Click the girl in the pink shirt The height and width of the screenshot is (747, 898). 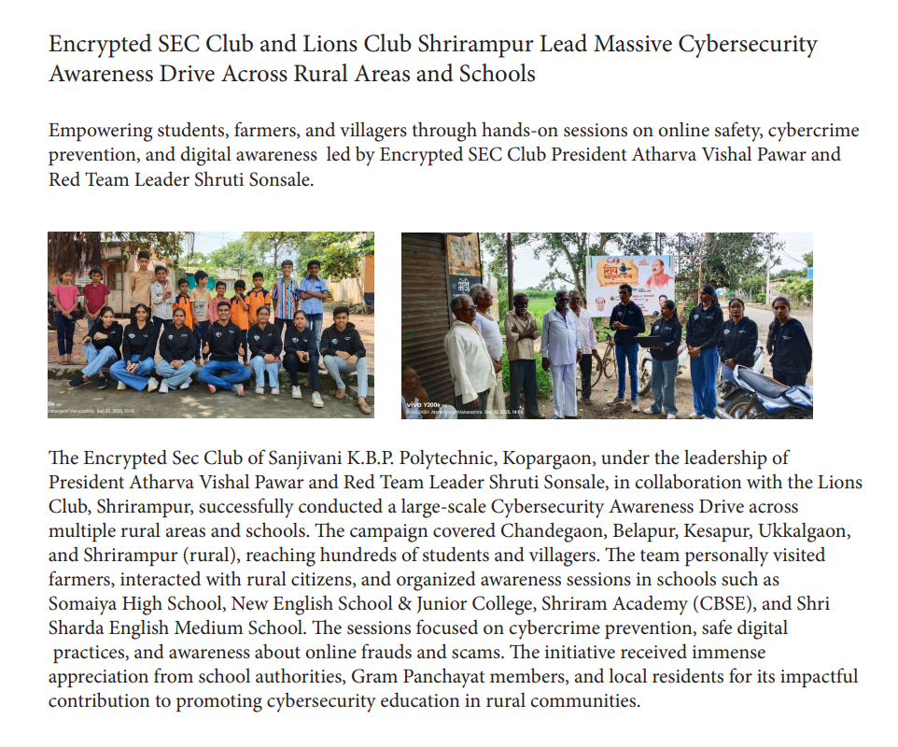point(65,308)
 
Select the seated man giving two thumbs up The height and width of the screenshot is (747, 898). point(225,350)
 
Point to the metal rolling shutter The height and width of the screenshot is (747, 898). point(425,317)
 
